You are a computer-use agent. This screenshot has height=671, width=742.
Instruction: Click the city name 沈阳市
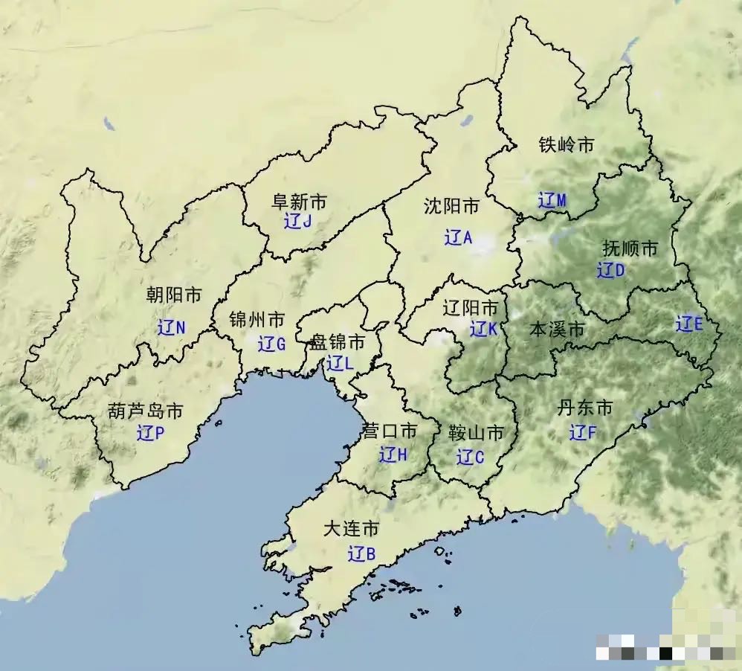click(451, 206)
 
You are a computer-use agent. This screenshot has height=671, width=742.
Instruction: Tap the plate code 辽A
click(458, 238)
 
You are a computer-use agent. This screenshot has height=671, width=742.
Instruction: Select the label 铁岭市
click(567, 145)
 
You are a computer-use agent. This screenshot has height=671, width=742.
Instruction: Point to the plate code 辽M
click(552, 200)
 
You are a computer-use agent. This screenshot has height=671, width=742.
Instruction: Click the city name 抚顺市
click(630, 248)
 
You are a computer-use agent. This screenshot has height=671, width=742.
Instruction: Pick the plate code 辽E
click(688, 324)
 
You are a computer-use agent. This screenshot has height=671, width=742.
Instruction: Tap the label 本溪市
click(556, 330)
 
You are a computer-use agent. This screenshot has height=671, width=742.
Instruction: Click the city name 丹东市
click(585, 408)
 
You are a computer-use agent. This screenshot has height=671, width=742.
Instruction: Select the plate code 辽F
click(583, 431)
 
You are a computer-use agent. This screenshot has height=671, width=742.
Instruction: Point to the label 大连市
click(351, 530)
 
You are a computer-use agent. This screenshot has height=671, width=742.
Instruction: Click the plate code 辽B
click(361, 554)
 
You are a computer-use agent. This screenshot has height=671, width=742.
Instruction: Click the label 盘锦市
click(338, 342)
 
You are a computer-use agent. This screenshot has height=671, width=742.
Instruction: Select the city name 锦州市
click(257, 321)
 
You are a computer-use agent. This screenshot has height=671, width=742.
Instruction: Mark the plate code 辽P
click(150, 433)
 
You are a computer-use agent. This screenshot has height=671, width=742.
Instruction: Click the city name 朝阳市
click(173, 295)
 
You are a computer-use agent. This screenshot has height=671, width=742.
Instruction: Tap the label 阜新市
click(299, 201)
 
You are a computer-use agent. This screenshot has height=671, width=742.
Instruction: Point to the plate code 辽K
click(483, 328)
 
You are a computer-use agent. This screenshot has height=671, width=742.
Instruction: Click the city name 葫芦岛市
click(146, 411)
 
